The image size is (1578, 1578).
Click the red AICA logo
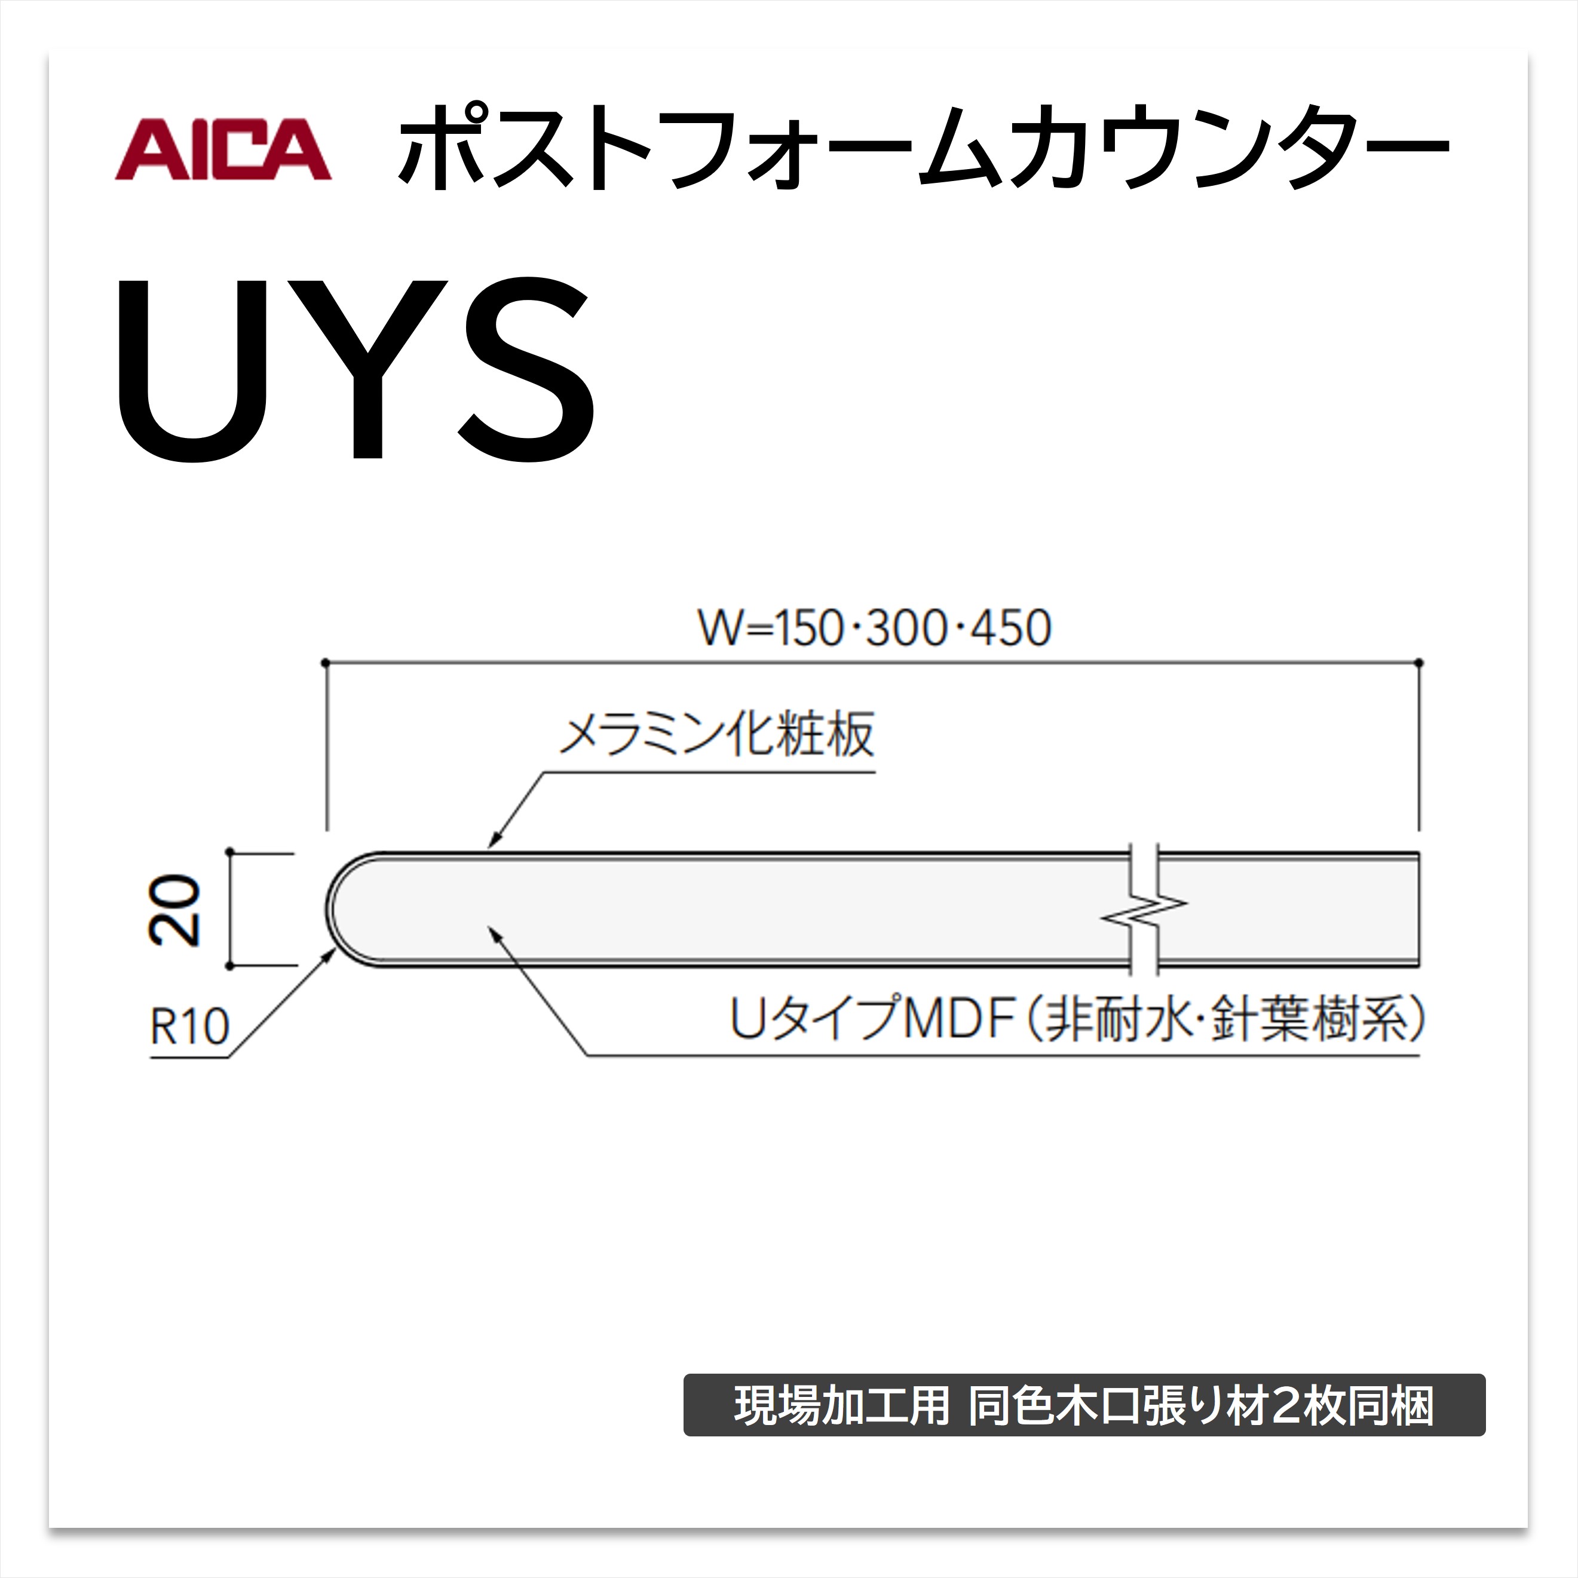click(x=223, y=149)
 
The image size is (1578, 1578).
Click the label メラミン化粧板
click(x=716, y=734)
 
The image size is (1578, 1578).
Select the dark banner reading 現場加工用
click(x=1084, y=1405)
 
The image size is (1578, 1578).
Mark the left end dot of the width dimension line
click(x=325, y=663)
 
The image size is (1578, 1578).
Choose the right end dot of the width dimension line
click(x=1418, y=663)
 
